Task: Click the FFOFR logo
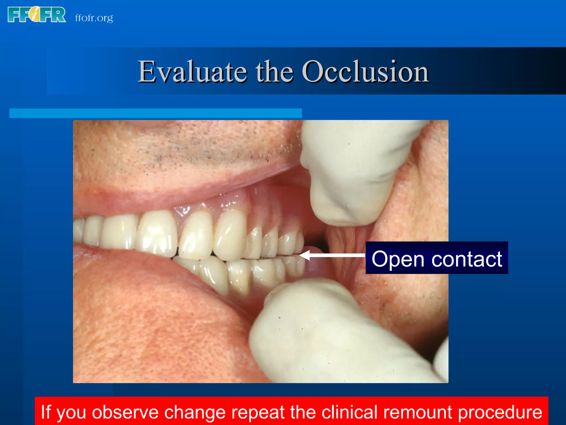36,15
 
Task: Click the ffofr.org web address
94,18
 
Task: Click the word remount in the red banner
417,412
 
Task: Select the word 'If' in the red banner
46,411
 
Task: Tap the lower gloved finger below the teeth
318,332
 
